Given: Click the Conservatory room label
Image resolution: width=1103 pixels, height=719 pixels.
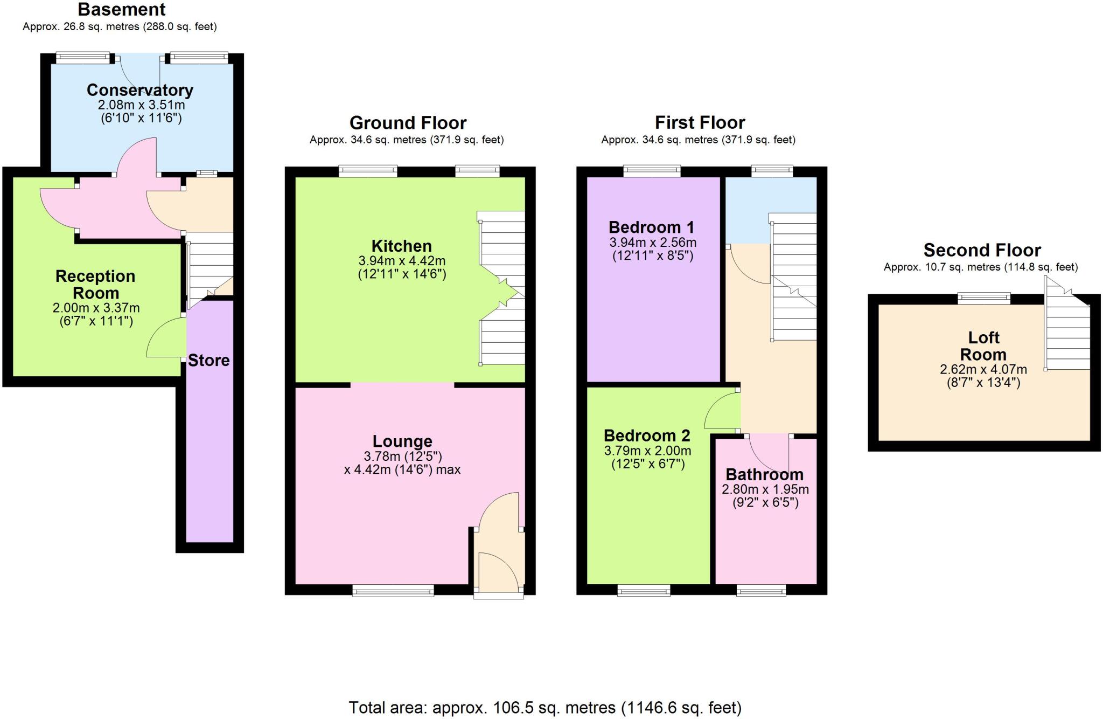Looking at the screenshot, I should (139, 90).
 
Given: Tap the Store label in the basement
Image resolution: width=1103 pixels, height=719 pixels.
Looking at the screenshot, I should (208, 360).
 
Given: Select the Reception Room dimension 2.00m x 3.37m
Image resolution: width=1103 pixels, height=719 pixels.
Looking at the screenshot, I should (96, 308).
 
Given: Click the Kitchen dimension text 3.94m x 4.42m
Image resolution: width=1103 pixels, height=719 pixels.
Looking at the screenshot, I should (402, 261).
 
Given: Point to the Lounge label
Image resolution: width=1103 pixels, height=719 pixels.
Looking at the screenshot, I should (402, 441).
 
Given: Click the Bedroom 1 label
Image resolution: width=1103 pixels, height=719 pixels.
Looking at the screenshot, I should (651, 227).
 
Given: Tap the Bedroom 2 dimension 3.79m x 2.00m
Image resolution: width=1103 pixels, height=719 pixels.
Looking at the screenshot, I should (647, 451).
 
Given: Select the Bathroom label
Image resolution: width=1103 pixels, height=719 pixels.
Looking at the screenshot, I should (764, 474).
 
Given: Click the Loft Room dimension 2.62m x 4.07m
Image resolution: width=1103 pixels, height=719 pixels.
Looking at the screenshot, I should (983, 370).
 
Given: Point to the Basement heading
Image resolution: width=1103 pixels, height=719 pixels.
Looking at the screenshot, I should (122, 9).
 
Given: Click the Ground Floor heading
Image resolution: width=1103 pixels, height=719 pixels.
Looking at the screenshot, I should (408, 123).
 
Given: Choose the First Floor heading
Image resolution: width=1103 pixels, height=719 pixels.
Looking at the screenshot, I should (700, 123).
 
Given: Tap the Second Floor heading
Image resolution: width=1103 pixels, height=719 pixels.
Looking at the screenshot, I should (982, 250).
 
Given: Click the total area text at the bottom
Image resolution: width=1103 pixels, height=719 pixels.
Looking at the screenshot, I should (544, 707).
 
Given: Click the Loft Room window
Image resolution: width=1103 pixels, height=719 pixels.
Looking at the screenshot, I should (983, 298).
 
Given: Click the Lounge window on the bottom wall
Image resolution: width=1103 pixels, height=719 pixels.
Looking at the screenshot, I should (393, 591).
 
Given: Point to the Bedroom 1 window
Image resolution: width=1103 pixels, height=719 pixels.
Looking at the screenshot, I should (652, 171).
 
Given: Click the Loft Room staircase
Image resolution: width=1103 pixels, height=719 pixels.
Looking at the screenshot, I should (1067, 334).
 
